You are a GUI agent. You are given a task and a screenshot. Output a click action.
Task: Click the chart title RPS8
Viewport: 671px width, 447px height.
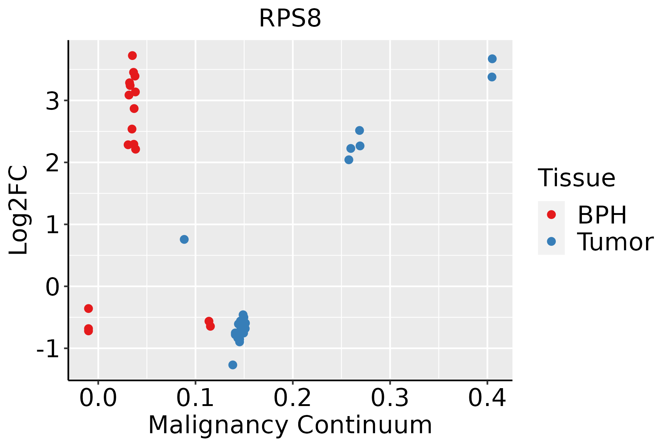290,18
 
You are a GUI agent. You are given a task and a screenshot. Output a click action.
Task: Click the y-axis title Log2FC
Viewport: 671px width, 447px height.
19,210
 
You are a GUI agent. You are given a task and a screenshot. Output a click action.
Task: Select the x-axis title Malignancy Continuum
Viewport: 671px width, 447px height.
290,425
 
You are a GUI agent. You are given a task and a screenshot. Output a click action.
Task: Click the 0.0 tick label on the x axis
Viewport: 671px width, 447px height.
98,398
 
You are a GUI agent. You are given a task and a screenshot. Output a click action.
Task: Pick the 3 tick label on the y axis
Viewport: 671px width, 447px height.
53,101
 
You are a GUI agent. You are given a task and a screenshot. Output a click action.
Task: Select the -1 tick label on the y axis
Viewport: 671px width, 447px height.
48,349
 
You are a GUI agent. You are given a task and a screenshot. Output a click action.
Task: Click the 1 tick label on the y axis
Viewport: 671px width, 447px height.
53,225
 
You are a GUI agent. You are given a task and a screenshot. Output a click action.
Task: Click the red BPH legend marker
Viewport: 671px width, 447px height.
551,215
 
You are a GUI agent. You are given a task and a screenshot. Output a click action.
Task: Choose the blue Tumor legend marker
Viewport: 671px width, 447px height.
551,241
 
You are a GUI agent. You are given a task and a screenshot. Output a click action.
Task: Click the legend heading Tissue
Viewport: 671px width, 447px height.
577,178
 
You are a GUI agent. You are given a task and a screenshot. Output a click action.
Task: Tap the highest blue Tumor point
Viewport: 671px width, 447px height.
492,59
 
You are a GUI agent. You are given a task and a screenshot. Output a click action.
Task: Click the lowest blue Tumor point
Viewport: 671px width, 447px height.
233,365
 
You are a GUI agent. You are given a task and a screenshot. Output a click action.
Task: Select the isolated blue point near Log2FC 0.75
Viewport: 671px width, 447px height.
184,239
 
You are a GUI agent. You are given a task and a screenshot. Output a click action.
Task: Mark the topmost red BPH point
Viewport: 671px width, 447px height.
132,56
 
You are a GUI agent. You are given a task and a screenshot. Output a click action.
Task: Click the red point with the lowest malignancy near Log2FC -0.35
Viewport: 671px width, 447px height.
88,308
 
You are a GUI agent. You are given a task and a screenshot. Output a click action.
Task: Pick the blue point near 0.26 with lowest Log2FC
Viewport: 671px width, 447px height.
349,160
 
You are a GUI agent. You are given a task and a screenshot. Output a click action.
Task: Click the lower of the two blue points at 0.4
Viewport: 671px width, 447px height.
492,77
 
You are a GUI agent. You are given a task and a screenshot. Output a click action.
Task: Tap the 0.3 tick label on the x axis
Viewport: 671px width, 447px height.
390,398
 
